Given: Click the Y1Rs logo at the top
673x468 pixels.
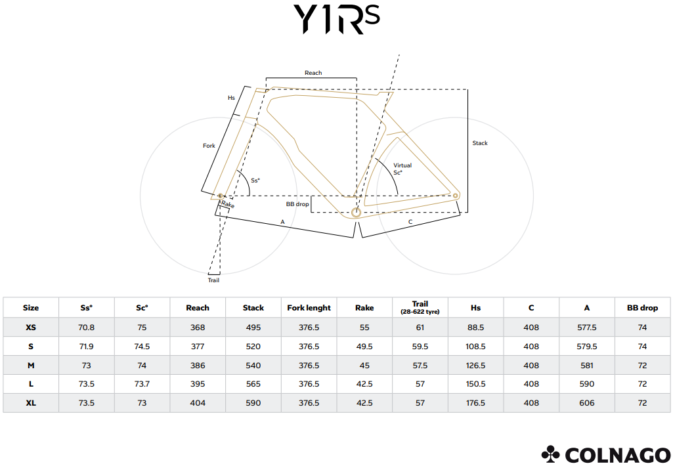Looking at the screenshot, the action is pyautogui.click(x=336, y=19).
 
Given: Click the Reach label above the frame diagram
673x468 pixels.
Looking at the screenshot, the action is pyautogui.click(x=313, y=73).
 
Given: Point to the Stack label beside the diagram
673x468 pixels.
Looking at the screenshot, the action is pyautogui.click(x=480, y=143).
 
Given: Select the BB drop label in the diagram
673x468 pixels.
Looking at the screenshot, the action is pyautogui.click(x=297, y=204).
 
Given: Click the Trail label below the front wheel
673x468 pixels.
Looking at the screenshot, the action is pyautogui.click(x=214, y=280).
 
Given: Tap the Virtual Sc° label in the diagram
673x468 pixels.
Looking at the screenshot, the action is pyautogui.click(x=402, y=169).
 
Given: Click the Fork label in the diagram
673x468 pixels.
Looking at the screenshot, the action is pyautogui.click(x=209, y=146).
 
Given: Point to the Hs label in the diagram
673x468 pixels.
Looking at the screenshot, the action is pyautogui.click(x=231, y=98).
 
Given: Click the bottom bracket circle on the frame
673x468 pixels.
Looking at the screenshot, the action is pyautogui.click(x=356, y=212).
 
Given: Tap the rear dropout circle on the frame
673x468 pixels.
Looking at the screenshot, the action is pyautogui.click(x=456, y=196).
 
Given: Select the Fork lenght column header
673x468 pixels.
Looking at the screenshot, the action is pyautogui.click(x=309, y=308).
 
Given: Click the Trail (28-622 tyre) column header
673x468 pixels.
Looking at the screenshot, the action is pyautogui.click(x=420, y=308).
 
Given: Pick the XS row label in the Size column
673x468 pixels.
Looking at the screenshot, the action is pyautogui.click(x=31, y=328).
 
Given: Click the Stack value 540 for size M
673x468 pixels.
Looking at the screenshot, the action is pyautogui.click(x=253, y=366).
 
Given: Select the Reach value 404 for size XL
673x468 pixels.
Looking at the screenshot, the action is pyautogui.click(x=198, y=403).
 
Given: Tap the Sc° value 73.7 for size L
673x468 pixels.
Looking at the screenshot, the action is pyautogui.click(x=142, y=384).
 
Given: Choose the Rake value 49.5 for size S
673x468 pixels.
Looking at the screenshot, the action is pyautogui.click(x=364, y=347).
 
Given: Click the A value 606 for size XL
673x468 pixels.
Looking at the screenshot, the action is pyautogui.click(x=587, y=403).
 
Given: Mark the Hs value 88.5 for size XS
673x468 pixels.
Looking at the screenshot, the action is pyautogui.click(x=475, y=328).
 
